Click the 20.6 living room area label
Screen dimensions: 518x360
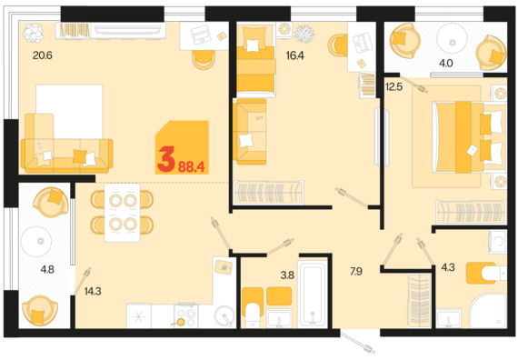(x=43, y=55)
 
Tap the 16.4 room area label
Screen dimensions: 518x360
(x=294, y=55)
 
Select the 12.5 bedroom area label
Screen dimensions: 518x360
(x=393, y=87)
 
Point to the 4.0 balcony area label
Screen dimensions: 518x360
(x=445, y=63)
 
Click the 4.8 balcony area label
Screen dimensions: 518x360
(x=47, y=269)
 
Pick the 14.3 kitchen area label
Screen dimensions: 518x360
(x=93, y=291)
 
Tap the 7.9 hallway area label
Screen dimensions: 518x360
(x=356, y=272)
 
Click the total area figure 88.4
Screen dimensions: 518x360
(x=192, y=167)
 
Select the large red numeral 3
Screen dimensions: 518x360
(x=166, y=160)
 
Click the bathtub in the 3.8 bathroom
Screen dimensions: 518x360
(x=313, y=294)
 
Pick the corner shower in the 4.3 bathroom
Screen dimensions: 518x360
(x=488, y=311)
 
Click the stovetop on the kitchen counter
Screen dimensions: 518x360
(x=186, y=315)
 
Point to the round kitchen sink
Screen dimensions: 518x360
(x=224, y=315)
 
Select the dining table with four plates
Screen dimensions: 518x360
(x=123, y=213)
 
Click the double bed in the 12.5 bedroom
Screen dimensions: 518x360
(x=469, y=137)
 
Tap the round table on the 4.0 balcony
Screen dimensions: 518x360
(x=452, y=38)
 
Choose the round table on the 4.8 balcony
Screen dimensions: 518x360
(x=36, y=241)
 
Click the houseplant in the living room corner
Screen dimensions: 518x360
(x=33, y=33)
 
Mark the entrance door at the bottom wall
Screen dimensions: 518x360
(x=358, y=343)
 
